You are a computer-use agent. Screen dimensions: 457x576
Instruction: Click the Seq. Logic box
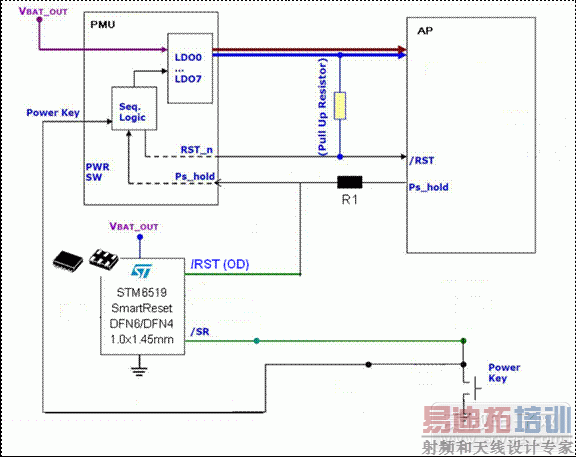click(x=132, y=110)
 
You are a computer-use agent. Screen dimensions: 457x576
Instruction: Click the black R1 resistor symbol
click(x=350, y=183)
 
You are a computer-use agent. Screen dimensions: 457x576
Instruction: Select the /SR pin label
click(x=200, y=332)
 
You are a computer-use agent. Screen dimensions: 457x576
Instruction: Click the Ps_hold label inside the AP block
click(x=429, y=187)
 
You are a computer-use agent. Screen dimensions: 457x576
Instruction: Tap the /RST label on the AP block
click(x=421, y=160)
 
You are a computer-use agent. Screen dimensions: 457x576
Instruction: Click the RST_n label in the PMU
click(x=196, y=149)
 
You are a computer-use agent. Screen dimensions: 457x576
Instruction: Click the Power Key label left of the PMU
click(x=53, y=113)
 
